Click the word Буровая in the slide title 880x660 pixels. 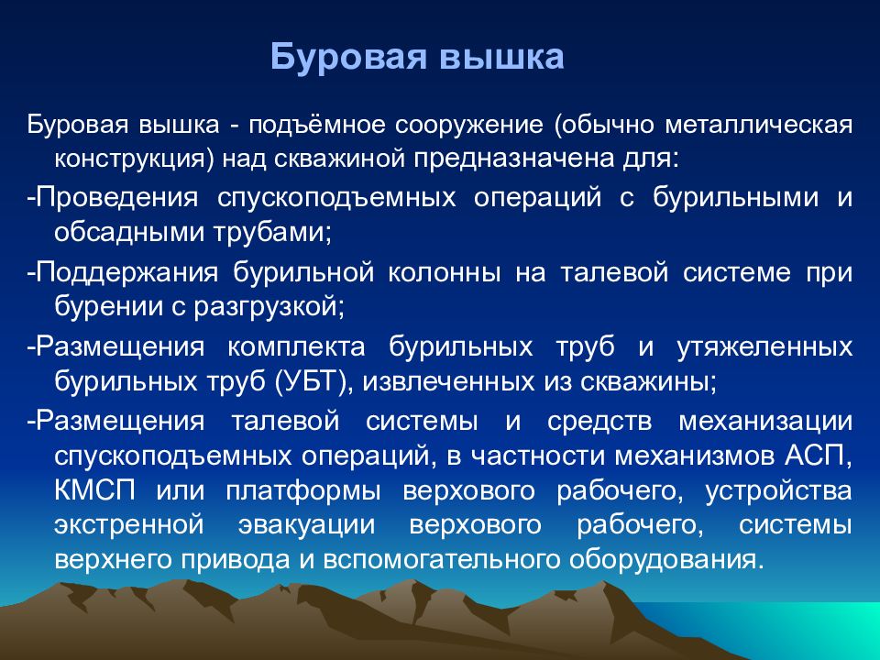348,57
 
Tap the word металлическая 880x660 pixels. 759,125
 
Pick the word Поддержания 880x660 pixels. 126,273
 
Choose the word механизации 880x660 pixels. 765,422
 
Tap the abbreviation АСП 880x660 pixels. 813,456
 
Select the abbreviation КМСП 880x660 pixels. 94,491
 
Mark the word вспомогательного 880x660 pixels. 441,560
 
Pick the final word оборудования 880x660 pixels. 663,560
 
